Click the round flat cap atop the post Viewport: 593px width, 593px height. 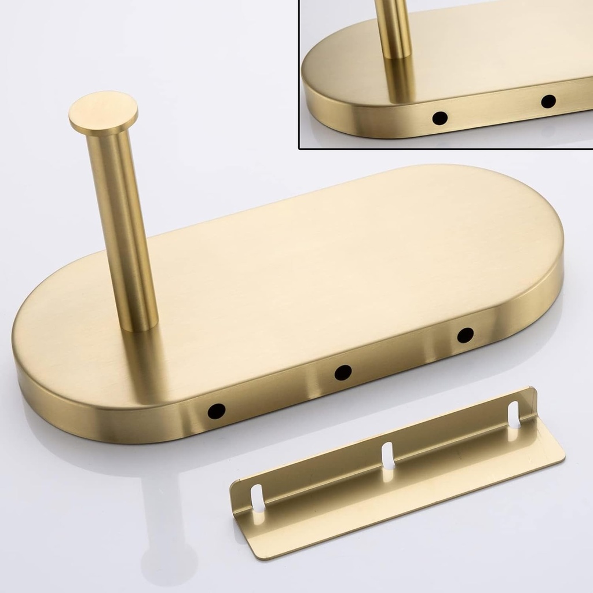pos(103,112)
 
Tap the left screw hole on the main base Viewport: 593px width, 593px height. pos(217,411)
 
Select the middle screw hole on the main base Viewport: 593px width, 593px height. pos(343,372)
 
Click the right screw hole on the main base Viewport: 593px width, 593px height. pos(465,335)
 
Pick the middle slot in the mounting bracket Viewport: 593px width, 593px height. pos(387,455)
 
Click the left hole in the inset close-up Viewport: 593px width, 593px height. pos(440,118)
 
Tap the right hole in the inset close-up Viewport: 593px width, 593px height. pos(548,101)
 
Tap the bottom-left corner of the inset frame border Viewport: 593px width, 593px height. pos(299,148)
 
